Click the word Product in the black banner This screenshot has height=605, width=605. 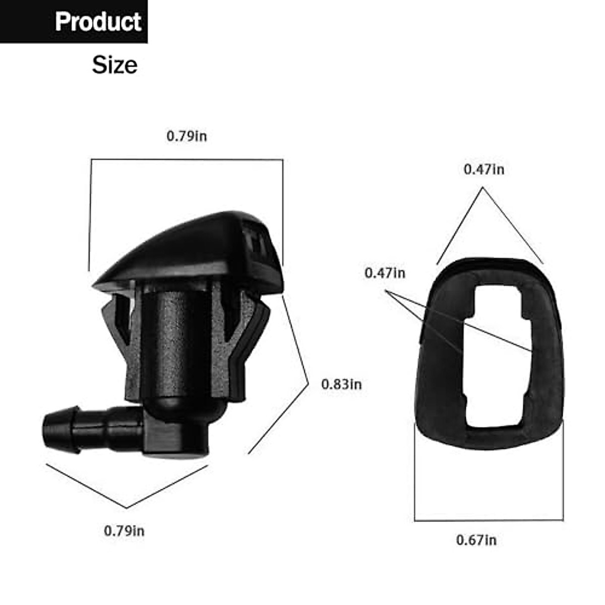[98, 22]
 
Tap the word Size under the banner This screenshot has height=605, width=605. [114, 65]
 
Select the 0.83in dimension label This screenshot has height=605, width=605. [341, 384]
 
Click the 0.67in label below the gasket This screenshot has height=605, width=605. [476, 540]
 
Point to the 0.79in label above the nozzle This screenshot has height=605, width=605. [187, 136]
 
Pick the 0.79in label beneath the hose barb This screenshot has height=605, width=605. [124, 531]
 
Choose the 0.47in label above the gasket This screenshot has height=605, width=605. [483, 169]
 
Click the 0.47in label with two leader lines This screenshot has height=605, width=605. [385, 273]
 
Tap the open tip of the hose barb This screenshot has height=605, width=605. [47, 431]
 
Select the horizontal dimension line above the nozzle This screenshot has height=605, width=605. [187, 160]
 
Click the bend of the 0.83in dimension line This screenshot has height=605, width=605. [308, 384]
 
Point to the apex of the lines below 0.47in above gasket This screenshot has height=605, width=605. [483, 188]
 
